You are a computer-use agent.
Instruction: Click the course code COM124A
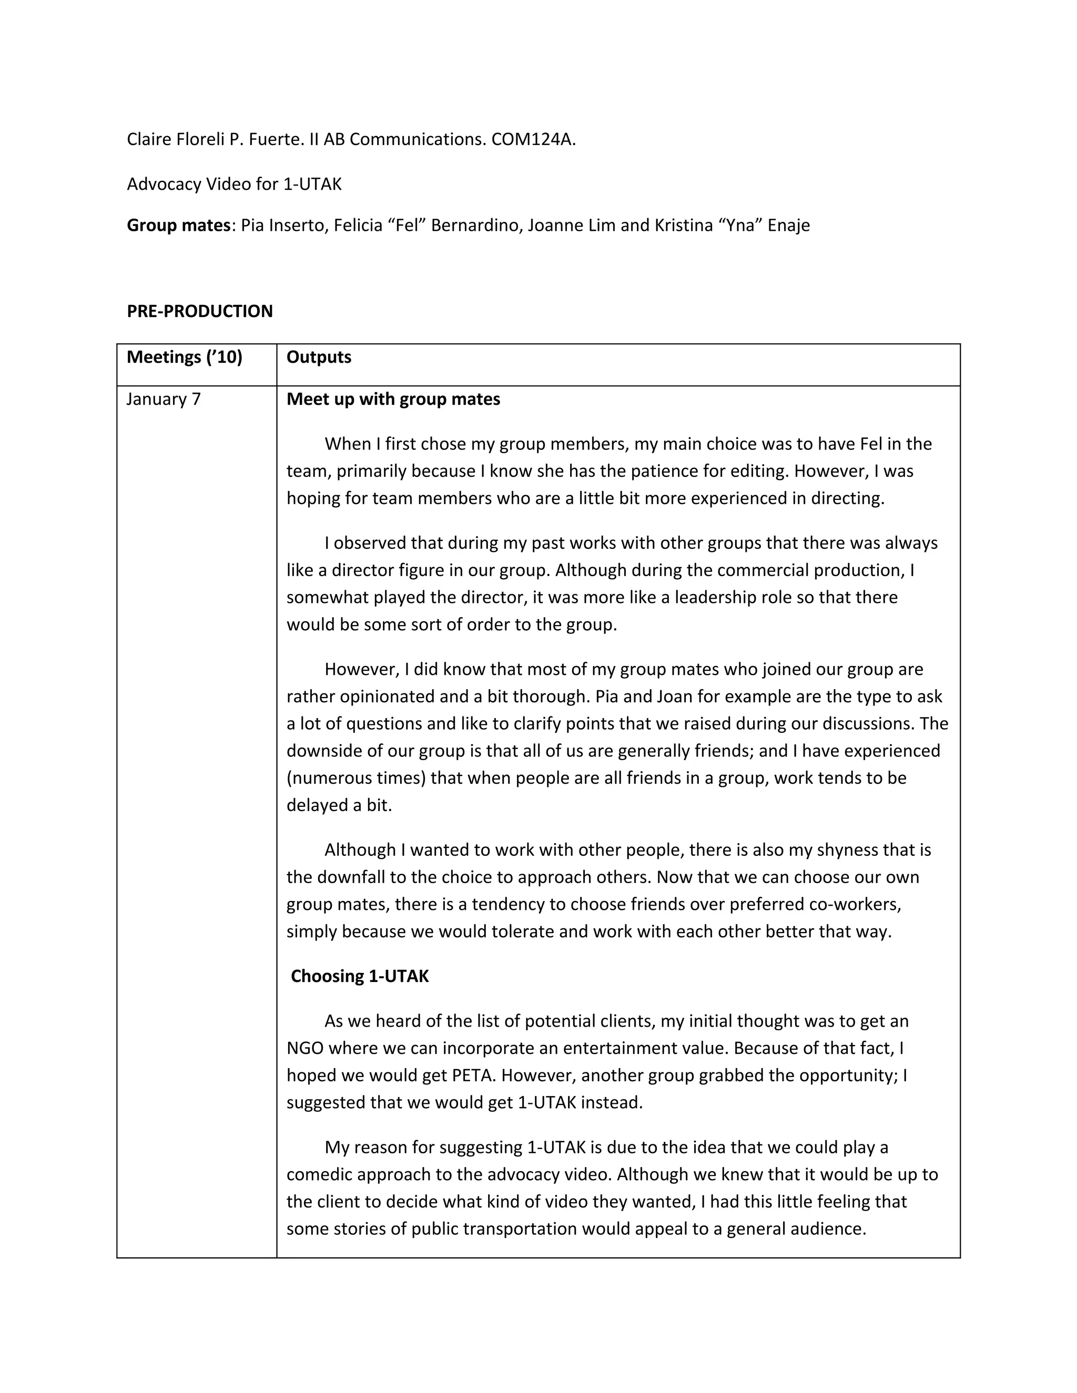coord(533,139)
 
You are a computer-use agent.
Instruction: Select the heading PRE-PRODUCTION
coord(200,311)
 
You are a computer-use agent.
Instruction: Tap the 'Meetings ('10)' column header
coord(185,357)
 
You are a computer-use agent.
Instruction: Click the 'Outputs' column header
coord(318,357)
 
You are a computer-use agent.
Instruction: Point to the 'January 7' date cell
coord(164,400)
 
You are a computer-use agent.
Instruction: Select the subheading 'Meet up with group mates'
coord(393,400)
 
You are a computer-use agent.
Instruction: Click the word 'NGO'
coord(305,1049)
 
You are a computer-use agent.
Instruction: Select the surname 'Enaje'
coord(789,225)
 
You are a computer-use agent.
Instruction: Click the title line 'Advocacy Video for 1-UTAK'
coord(234,185)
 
